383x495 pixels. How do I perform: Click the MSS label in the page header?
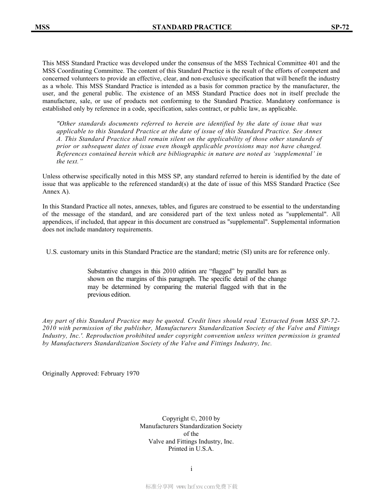point(42,27)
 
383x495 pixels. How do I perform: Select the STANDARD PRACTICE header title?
point(192,27)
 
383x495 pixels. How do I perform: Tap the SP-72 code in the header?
point(340,27)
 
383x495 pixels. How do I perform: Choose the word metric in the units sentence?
point(229,252)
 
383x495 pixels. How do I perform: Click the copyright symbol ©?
point(193,419)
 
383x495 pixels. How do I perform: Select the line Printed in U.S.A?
point(191,449)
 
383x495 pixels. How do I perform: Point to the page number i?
point(191,469)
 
